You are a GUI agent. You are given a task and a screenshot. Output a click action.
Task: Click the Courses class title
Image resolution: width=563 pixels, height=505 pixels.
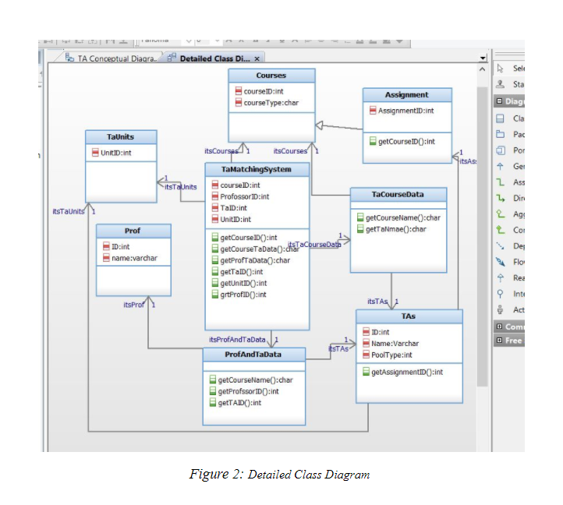[x=271, y=76]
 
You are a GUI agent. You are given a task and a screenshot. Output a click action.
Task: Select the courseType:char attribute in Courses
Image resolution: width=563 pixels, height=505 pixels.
[x=271, y=102]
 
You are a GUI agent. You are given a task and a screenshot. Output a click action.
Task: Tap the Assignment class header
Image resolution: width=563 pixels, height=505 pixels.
[x=406, y=95]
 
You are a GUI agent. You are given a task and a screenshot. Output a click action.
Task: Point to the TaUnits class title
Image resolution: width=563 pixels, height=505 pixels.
[x=120, y=136]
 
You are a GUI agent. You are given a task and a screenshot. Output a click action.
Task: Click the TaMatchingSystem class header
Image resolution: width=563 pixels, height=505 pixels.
[x=257, y=169]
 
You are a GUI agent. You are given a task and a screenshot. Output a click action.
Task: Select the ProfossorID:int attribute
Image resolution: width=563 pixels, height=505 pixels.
[x=245, y=197]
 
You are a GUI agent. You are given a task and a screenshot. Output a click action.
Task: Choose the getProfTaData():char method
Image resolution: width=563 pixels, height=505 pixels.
[x=255, y=260]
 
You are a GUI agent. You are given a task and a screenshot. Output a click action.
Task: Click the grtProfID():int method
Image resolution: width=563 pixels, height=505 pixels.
[x=243, y=295]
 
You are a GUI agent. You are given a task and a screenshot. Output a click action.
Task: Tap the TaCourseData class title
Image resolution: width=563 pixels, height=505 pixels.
[x=398, y=193]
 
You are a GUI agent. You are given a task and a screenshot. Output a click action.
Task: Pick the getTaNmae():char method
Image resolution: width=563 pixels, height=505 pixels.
[x=396, y=229]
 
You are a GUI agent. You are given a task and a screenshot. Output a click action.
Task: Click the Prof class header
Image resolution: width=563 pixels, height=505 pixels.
[x=133, y=231]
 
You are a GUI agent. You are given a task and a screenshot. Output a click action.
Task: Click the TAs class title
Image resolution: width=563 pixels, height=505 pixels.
[x=409, y=316]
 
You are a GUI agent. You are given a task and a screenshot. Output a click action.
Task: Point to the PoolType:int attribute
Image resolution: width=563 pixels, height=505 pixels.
[x=391, y=355]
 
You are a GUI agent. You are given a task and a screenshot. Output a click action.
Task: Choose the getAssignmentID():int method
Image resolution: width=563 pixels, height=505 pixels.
[x=406, y=372]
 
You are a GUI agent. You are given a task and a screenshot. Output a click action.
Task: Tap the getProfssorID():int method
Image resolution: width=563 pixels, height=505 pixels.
[x=249, y=391]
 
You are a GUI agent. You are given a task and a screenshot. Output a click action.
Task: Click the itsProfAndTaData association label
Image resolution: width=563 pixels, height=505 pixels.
[x=237, y=340]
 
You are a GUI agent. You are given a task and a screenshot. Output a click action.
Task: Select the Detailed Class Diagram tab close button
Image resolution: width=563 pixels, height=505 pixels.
[x=257, y=58]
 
